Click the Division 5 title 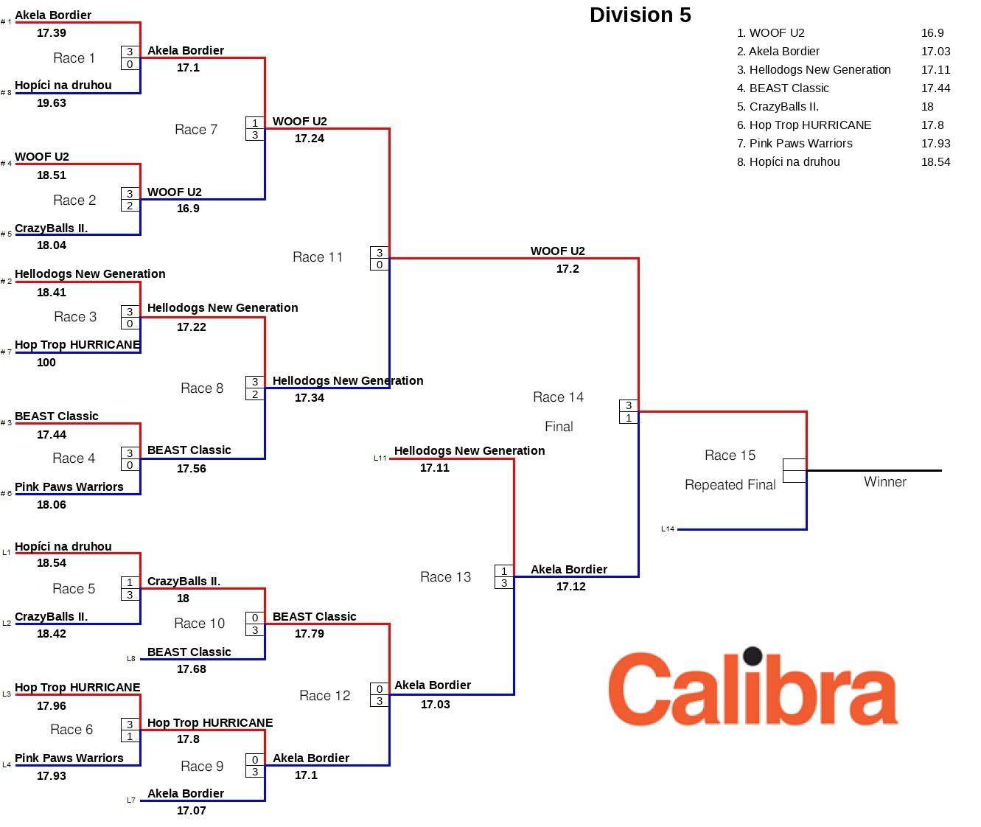pyautogui.click(x=640, y=15)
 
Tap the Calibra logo pyautogui.click(x=753, y=688)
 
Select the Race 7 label pyautogui.click(x=196, y=130)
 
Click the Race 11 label pyautogui.click(x=318, y=257)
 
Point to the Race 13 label pyautogui.click(x=445, y=577)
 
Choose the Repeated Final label pyautogui.click(x=730, y=485)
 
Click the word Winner pyautogui.click(x=884, y=482)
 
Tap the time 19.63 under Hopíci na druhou pyautogui.click(x=52, y=103)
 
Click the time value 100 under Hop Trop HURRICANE pyautogui.click(x=46, y=363)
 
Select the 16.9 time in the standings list pyautogui.click(x=932, y=33)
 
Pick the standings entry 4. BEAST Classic pyautogui.click(x=783, y=88)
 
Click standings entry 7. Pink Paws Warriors pyautogui.click(x=795, y=144)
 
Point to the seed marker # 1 pyautogui.click(x=6, y=22)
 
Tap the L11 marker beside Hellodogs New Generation pyautogui.click(x=380, y=458)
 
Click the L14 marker pyautogui.click(x=668, y=529)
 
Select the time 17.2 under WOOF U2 pyautogui.click(x=568, y=269)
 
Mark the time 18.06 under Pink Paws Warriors pyautogui.click(x=52, y=505)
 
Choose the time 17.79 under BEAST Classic pyautogui.click(x=309, y=634)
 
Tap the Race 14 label pyautogui.click(x=558, y=397)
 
